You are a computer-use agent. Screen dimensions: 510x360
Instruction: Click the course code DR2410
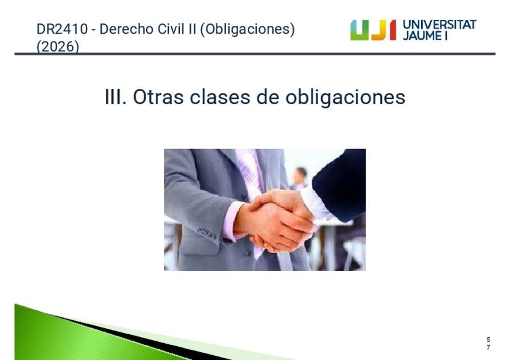click(62, 29)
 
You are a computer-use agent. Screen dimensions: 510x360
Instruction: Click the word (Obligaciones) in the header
click(248, 29)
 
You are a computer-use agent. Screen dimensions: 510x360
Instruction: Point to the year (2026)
click(58, 46)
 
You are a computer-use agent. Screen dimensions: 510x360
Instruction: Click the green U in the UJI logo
click(360, 30)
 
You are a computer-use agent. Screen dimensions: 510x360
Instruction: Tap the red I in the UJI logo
click(393, 30)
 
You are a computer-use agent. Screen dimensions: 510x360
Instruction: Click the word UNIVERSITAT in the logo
click(440, 25)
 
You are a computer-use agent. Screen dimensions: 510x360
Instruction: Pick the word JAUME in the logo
click(422, 35)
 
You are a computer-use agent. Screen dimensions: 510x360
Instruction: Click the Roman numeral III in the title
click(115, 97)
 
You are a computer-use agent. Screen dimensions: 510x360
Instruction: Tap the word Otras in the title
click(158, 97)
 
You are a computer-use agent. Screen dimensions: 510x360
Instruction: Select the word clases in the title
click(220, 97)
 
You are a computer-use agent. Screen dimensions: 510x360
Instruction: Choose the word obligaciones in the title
click(345, 97)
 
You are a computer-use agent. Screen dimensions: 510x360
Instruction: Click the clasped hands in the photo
click(277, 221)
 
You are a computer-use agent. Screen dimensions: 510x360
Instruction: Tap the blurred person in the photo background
click(300, 180)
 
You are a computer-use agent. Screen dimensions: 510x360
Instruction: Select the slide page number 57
click(488, 343)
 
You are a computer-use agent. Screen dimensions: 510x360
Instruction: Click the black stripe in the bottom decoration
click(137, 338)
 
